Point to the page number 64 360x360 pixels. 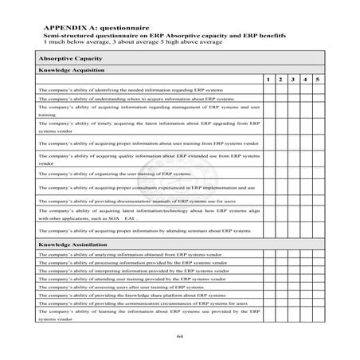point(179,337)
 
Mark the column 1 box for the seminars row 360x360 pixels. point(269,229)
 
